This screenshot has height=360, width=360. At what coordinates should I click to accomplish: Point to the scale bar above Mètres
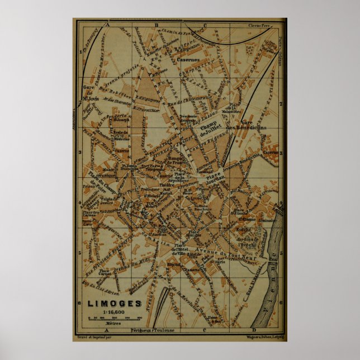[x=115, y=318]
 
